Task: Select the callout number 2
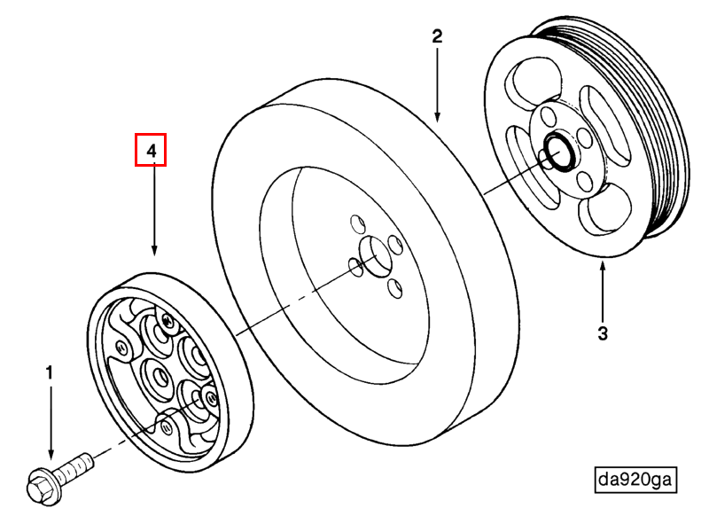click(437, 36)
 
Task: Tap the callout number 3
click(603, 333)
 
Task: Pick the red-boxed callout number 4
click(151, 151)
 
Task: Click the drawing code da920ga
click(635, 480)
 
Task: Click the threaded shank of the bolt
click(77, 465)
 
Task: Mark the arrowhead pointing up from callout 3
click(603, 267)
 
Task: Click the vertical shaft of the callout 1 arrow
click(50, 417)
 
